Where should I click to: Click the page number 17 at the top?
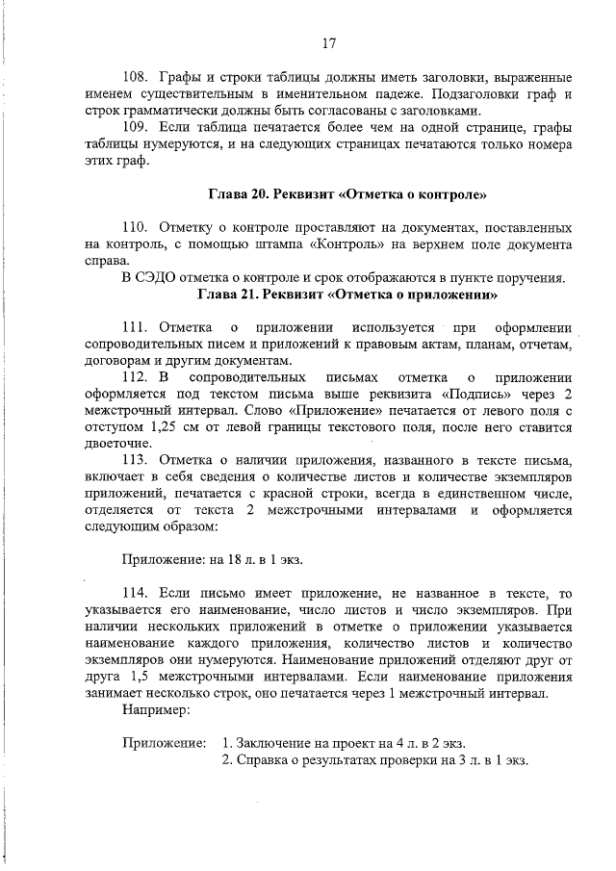[327, 42]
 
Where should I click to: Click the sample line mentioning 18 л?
[219, 559]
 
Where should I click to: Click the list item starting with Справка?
[374, 760]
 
